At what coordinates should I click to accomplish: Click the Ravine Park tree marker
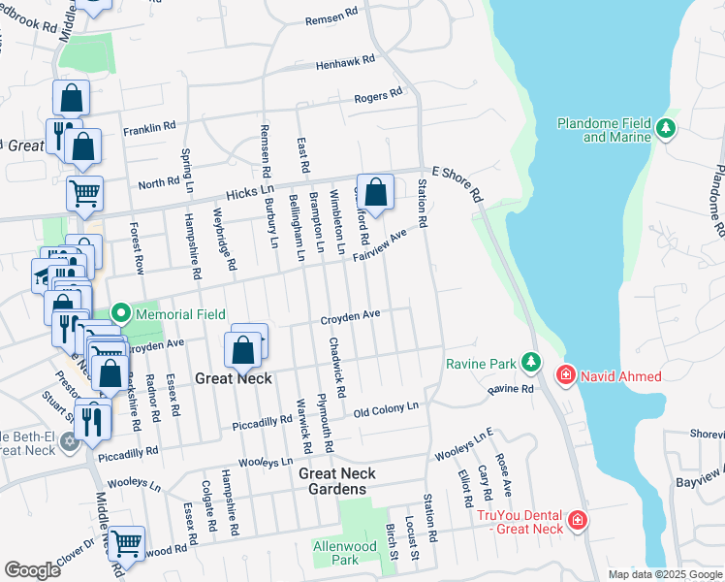530,362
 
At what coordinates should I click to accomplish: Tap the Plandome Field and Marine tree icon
665,127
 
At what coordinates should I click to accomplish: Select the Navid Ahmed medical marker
564,374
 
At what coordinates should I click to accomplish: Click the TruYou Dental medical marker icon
578,520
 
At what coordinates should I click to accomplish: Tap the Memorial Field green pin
121,313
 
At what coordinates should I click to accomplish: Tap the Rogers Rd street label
377,95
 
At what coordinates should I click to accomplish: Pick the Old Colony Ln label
386,408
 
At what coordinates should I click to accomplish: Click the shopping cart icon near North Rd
84,192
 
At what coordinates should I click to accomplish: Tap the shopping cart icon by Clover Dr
126,542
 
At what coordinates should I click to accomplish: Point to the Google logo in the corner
32,570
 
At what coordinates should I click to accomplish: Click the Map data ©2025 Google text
665,574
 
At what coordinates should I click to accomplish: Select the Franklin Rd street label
148,127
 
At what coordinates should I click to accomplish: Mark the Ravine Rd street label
511,389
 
